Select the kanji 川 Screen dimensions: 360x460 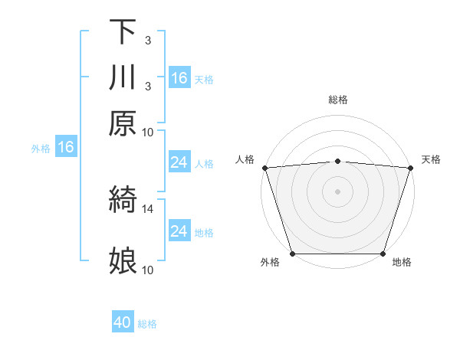point(123,77)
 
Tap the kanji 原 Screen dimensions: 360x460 point(123,123)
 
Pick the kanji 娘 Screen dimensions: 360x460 point(123,260)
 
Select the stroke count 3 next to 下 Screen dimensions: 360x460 point(148,40)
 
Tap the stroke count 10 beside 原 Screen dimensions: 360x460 point(148,132)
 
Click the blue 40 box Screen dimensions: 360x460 point(123,322)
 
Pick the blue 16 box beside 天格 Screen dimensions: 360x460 point(179,78)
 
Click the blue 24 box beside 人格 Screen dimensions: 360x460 point(179,162)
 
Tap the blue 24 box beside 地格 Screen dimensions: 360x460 point(179,231)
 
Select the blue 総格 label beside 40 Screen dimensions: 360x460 point(148,324)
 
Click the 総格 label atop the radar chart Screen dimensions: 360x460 point(338,100)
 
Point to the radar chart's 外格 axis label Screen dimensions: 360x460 point(270,263)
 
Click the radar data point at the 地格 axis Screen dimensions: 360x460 point(383,254)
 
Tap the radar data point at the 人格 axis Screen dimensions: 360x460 point(264,168)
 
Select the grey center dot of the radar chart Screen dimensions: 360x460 point(338,191)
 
